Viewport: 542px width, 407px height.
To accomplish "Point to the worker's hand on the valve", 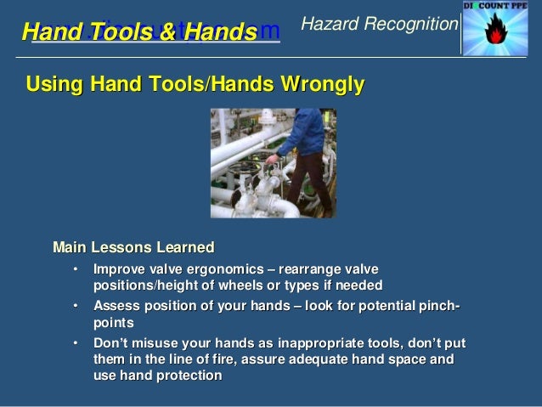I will [x=271, y=158].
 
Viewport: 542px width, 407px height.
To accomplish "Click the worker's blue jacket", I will [x=301, y=133].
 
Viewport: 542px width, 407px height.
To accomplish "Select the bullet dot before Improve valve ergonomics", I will [x=75, y=269].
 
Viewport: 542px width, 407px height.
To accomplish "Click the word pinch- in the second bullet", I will [x=438, y=306].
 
